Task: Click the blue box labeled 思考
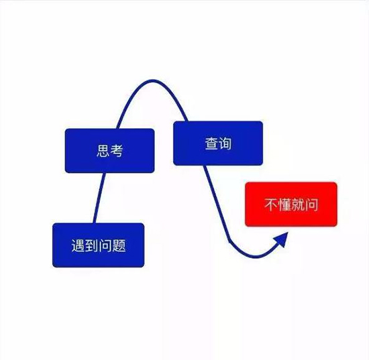109,151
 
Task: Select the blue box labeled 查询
218,143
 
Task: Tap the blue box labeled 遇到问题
99,245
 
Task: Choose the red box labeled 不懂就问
291,204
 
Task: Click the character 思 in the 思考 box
103,151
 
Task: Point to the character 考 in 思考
117,151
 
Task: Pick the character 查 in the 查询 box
211,143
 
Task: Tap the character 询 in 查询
225,143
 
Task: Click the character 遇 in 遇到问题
78,246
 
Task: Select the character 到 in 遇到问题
92,246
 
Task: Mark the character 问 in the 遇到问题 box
105,246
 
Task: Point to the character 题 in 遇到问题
119,246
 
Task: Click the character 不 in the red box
271,204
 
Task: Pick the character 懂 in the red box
284,204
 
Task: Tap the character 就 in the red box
298,204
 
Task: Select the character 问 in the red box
311,204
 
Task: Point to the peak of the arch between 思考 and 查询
153,81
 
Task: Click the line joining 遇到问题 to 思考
99,198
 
